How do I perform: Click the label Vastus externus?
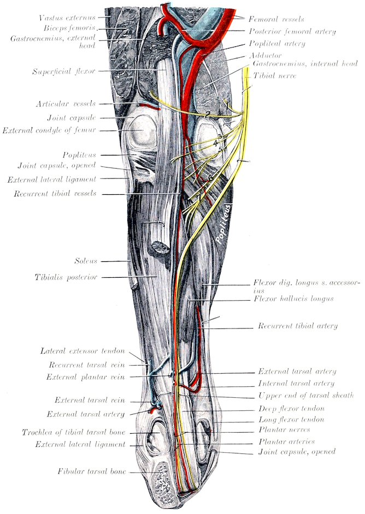(67, 17)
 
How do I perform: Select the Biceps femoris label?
(69, 28)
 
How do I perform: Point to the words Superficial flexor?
(64, 71)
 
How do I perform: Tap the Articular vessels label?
(66, 104)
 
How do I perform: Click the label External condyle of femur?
(49, 130)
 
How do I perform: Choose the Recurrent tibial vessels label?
(55, 193)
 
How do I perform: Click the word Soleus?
(86, 261)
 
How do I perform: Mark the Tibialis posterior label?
(66, 277)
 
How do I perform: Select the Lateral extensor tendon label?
(83, 351)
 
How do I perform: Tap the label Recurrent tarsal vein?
(87, 364)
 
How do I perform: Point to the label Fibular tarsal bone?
(92, 471)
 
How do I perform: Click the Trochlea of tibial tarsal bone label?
(74, 432)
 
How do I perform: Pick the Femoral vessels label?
(276, 19)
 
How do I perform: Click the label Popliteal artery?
(277, 44)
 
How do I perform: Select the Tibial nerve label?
(274, 76)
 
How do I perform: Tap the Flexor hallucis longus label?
(293, 298)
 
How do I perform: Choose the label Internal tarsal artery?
(296, 383)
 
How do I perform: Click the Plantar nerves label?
(284, 429)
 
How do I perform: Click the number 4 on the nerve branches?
(215, 144)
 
